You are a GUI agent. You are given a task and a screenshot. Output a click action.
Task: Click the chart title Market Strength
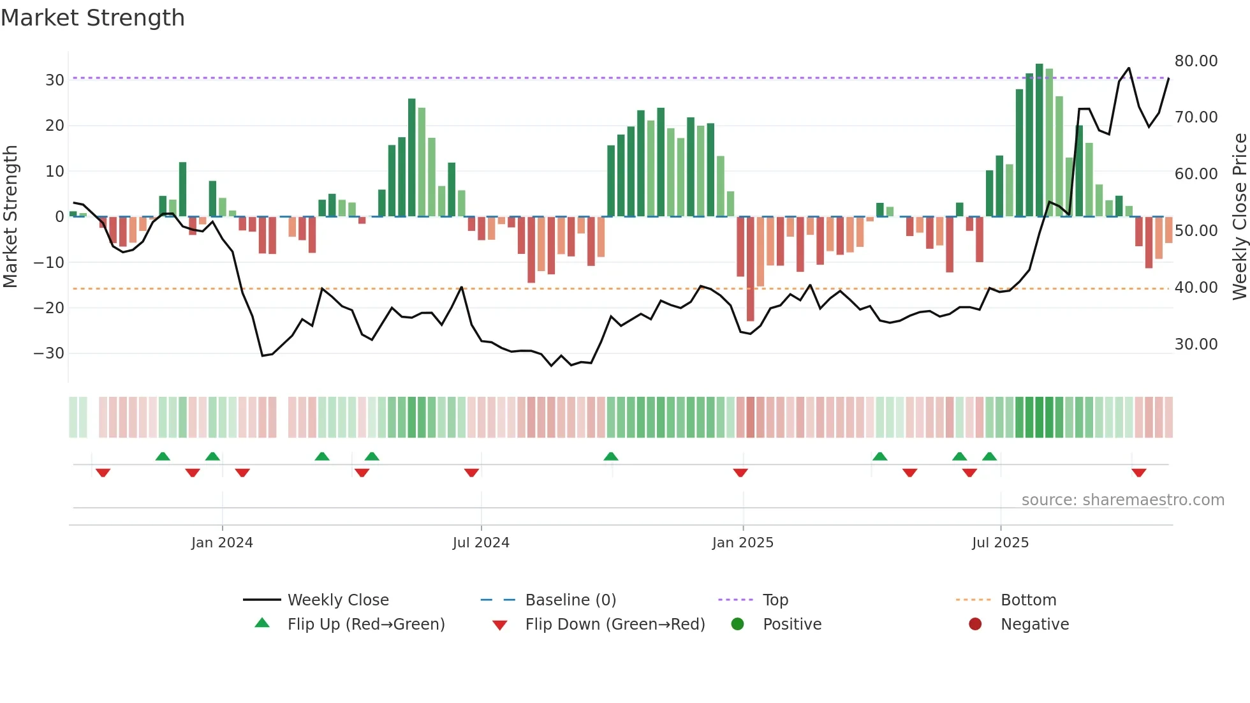(92, 18)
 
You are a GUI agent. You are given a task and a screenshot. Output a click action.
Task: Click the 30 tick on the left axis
(55, 80)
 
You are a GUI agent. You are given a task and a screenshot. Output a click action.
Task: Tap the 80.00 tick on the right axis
(1196, 61)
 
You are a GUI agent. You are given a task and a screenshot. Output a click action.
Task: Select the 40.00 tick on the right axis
(1196, 288)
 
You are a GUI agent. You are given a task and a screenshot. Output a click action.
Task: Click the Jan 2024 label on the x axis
(222, 543)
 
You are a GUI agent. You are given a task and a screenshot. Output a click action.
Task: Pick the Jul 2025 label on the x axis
(1000, 543)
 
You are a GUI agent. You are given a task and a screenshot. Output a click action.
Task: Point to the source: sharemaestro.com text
(1122, 500)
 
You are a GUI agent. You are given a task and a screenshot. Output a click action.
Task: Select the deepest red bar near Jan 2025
(750, 268)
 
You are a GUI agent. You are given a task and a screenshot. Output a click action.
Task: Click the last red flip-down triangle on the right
(1139, 473)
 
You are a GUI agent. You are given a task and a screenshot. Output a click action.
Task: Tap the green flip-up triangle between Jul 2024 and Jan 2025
(611, 456)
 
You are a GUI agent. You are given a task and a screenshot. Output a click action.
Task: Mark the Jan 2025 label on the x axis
(742, 543)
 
